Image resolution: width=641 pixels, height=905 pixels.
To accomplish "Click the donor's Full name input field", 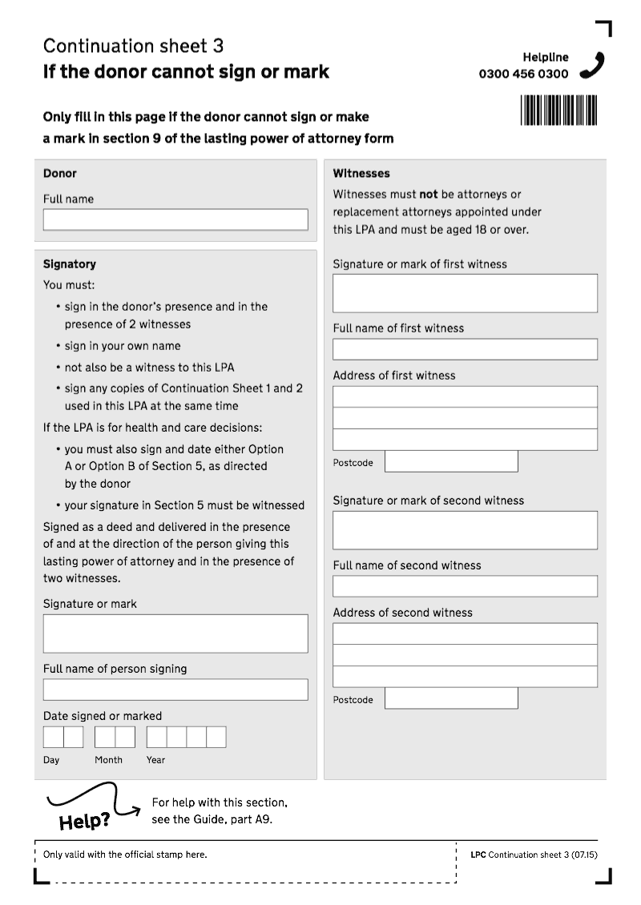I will point(175,220).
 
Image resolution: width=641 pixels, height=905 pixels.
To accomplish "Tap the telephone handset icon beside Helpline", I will point(592,65).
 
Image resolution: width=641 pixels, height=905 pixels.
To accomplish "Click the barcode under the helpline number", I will point(559,111).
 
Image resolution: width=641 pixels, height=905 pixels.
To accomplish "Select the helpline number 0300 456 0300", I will point(523,74).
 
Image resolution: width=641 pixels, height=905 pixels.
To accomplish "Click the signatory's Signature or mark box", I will point(175,633).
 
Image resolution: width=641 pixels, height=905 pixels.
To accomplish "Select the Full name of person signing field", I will point(175,690).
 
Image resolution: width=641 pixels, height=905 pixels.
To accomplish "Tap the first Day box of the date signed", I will point(53,737).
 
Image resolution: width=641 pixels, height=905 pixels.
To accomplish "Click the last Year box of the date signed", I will point(216,737).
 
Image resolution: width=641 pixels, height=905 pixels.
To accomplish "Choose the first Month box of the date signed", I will point(104,737).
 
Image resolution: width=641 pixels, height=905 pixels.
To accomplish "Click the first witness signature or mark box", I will point(465,293).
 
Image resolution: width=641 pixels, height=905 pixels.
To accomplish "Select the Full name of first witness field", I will point(465,349).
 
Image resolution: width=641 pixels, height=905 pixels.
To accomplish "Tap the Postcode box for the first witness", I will point(451,461).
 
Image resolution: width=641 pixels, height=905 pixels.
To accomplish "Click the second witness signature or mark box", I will point(465,530).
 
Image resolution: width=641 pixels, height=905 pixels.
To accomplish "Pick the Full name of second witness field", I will point(465,586).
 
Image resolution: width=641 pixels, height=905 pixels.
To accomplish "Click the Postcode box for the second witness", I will point(451,698).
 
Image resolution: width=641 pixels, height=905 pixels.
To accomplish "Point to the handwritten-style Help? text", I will point(84,823).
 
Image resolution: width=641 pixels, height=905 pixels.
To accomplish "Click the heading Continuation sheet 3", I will point(133,46).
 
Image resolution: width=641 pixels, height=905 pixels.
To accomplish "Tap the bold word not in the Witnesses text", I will point(429,195).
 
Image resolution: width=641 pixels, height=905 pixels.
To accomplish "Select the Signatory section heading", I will point(69,264).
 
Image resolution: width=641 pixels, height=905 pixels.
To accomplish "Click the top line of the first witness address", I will point(465,396).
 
